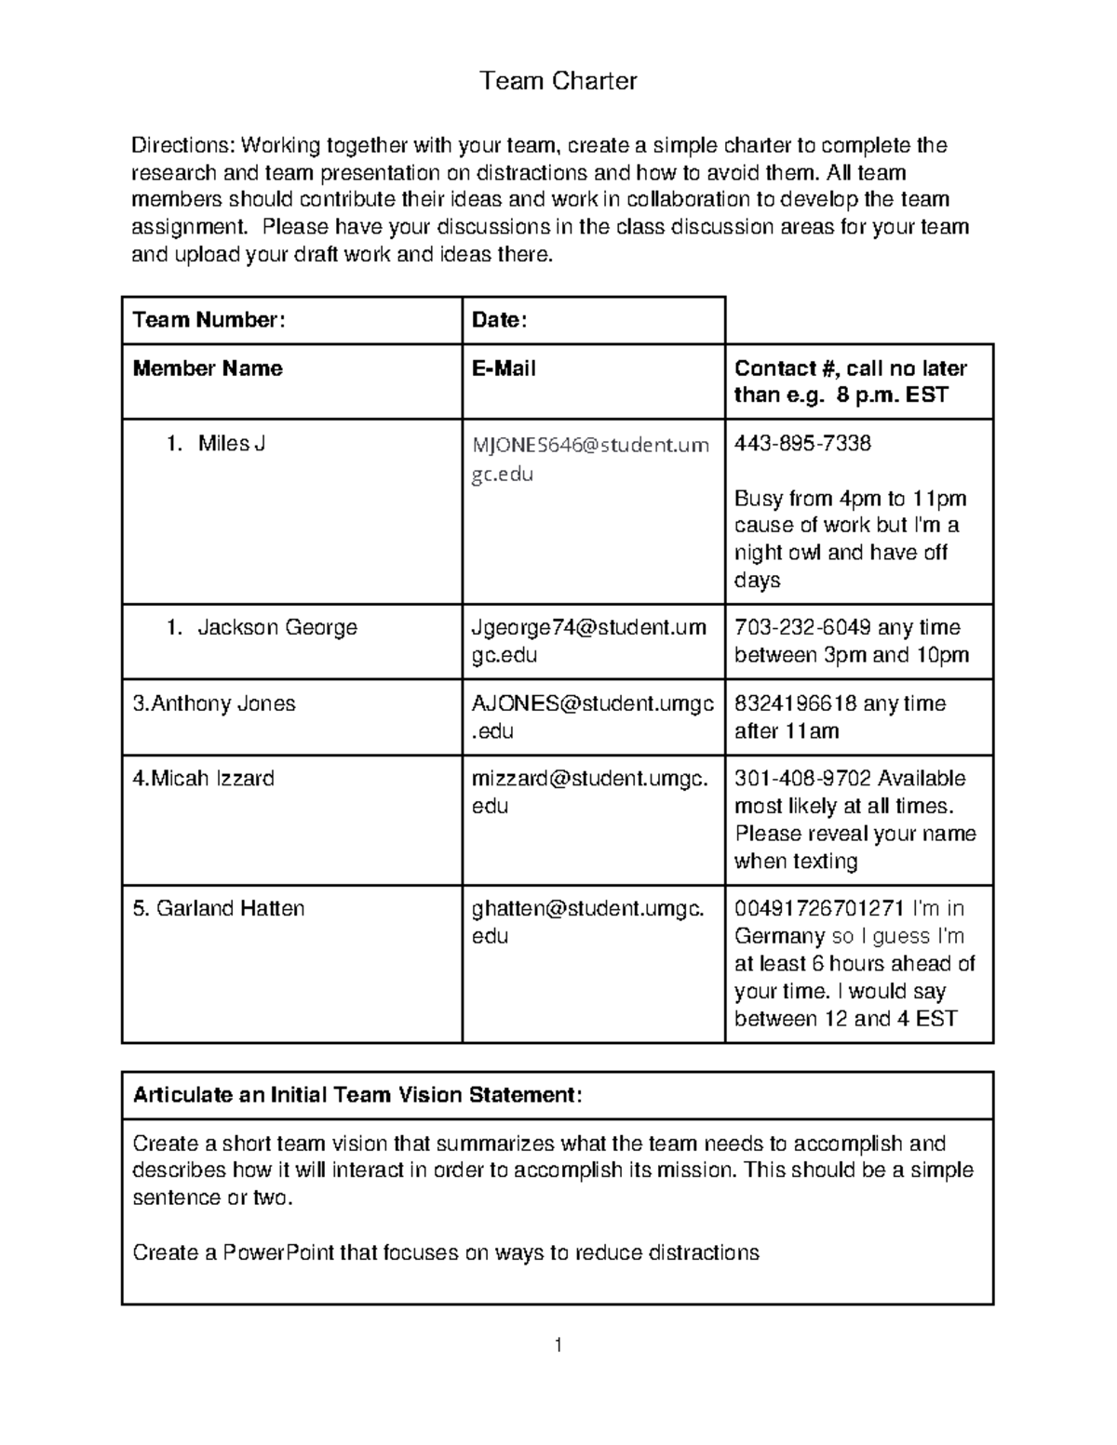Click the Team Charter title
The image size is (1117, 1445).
[x=558, y=81]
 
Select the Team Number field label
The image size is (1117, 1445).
[x=209, y=320]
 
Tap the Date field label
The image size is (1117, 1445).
[x=499, y=320]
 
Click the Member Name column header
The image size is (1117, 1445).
[x=208, y=368]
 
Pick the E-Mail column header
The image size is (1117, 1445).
[x=504, y=368]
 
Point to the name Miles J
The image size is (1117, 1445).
[x=231, y=444]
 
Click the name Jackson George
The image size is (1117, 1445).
[x=276, y=628]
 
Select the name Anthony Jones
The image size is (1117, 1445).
[x=214, y=703]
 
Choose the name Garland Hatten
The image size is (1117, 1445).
[x=219, y=909]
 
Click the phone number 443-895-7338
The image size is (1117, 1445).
[x=802, y=444]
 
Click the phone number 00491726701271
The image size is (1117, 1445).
[x=819, y=909]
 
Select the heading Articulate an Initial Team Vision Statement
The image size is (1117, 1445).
[x=357, y=1095]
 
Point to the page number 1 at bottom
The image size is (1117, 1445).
[x=558, y=1345]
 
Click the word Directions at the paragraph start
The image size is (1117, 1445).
[x=182, y=145]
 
